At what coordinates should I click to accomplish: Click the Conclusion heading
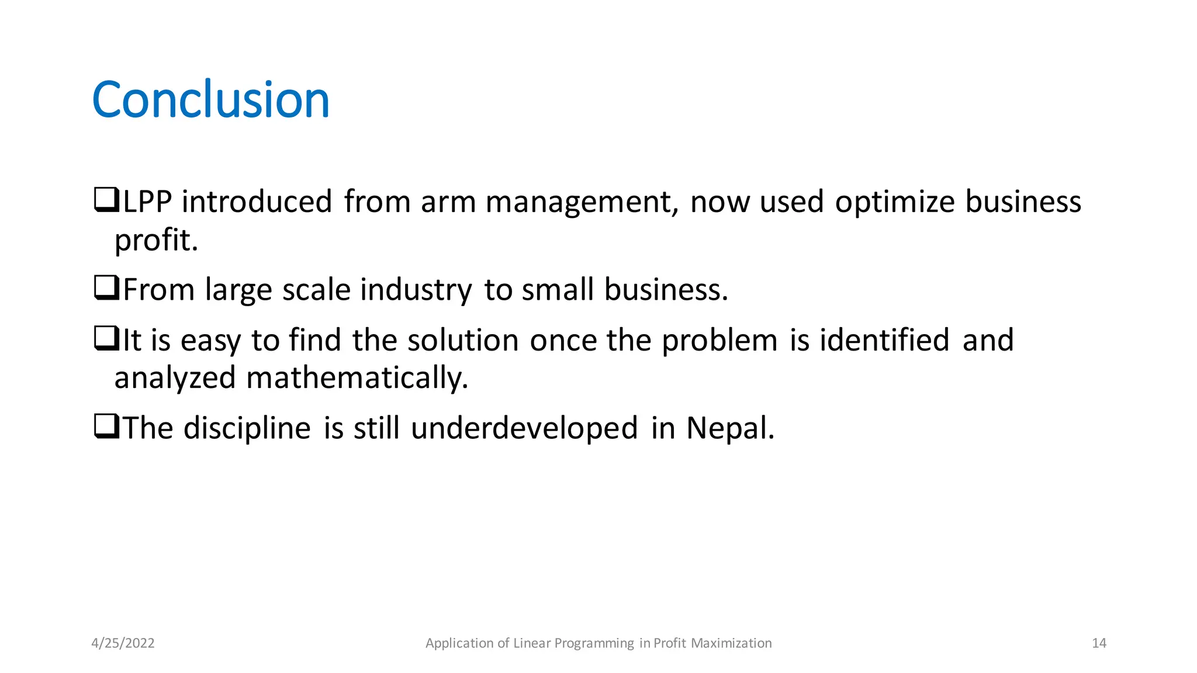point(210,100)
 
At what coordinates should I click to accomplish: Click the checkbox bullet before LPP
point(106,200)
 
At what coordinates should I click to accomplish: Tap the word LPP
point(147,202)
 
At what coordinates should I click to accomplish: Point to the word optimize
point(894,202)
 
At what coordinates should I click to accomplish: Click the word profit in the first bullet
point(155,240)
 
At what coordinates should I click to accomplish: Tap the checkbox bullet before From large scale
point(106,289)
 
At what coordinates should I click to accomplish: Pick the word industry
point(416,290)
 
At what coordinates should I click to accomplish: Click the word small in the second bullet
point(557,290)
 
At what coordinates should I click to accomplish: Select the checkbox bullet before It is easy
point(106,339)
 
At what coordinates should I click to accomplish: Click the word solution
point(463,340)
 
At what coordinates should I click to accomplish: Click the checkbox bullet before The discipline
point(106,427)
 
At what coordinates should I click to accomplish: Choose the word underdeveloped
point(524,428)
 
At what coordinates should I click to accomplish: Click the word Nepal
point(730,428)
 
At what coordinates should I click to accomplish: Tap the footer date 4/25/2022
point(123,643)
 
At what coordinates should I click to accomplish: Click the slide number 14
point(1099,643)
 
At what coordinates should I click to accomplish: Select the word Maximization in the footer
point(731,643)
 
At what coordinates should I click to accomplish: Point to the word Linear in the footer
point(532,643)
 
